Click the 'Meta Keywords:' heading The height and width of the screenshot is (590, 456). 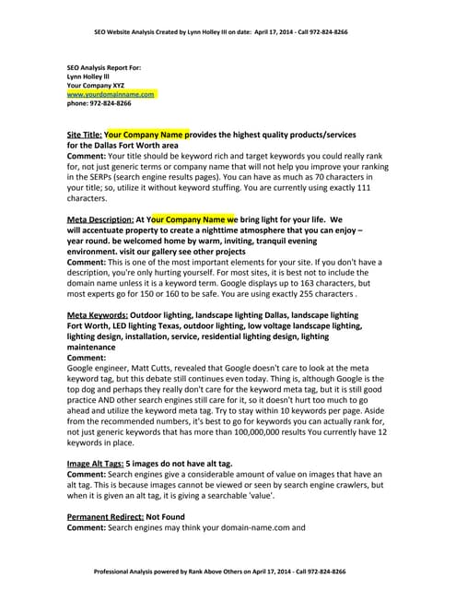97,315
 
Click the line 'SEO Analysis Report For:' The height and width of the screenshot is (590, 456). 107,67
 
